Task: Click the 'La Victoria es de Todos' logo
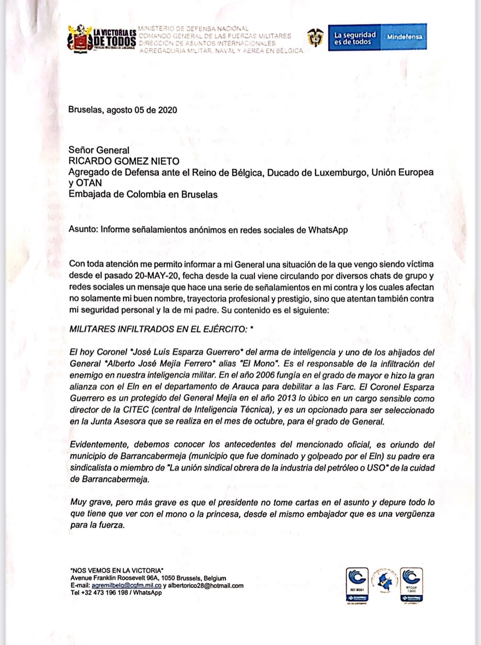[102, 39]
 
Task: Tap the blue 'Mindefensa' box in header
[404, 37]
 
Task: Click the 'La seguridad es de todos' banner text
[354, 38]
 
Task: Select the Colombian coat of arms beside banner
[315, 38]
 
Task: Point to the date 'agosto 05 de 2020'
[142, 110]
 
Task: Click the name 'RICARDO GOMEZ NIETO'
[124, 161]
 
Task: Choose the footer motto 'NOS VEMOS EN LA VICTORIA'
[117, 570]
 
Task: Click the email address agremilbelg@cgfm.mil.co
[126, 585]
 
